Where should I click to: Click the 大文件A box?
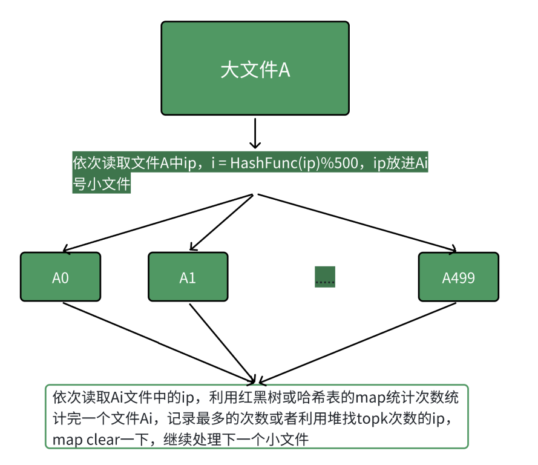[x=255, y=68]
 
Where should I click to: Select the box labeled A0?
[x=61, y=277]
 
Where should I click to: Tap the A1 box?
[x=188, y=277]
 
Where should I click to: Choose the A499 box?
[x=458, y=277]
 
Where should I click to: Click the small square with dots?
[x=325, y=277]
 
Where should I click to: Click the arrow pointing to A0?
[x=157, y=222]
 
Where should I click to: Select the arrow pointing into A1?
[x=221, y=222]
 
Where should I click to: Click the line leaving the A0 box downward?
[x=157, y=341]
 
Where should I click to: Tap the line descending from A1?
[x=221, y=342]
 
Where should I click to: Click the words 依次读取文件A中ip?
[x=136, y=163]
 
